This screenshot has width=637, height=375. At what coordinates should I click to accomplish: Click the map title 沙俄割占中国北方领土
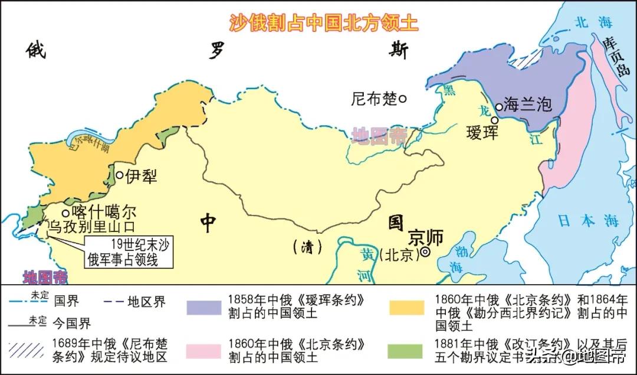point(323,22)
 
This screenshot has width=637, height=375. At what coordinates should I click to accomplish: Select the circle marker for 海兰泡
point(499,107)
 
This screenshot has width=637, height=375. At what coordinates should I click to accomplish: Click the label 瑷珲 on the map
point(482,132)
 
